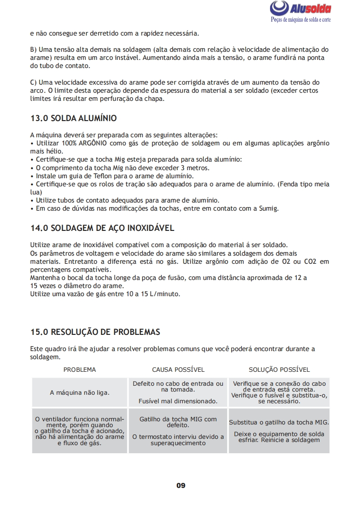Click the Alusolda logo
point(301,9)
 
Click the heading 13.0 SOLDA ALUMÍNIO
point(73,118)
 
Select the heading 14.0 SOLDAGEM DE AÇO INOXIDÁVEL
point(102,228)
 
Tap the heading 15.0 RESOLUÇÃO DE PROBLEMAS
point(95,332)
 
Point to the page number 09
point(180,485)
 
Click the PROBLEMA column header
point(80,370)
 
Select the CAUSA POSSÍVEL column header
point(178,370)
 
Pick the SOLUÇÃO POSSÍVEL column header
point(279,370)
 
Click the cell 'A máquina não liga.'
point(80,392)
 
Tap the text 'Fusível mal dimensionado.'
point(178,401)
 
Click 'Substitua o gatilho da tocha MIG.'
point(279,423)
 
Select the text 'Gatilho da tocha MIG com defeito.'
point(178,422)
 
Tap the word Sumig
point(269,208)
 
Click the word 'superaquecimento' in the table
point(178,443)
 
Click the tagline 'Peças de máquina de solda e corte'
point(301,20)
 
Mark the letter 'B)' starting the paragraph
point(33,50)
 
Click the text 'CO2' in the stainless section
point(310,262)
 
